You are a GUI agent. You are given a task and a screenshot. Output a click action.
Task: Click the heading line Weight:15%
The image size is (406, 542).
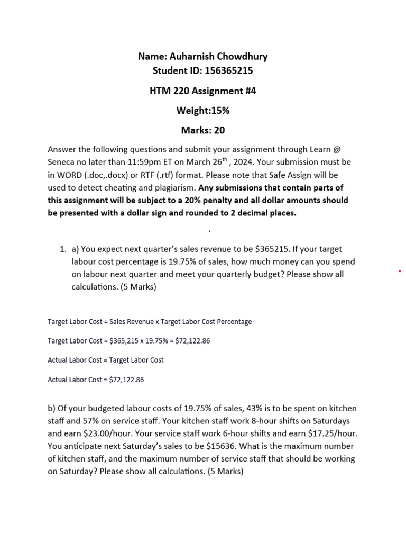202,110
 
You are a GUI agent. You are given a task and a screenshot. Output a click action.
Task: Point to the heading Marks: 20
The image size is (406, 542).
202,130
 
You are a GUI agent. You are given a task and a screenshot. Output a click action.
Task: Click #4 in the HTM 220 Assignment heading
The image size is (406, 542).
248,91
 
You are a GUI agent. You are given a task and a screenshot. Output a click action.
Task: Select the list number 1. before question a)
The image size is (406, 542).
62,249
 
